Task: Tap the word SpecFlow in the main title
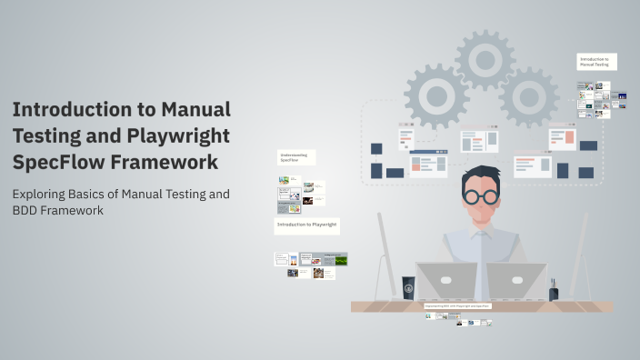tap(57, 163)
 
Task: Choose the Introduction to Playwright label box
tap(306, 224)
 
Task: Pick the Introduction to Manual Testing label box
tap(596, 62)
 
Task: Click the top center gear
tap(485, 60)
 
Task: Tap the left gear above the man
tap(435, 95)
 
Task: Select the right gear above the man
tap(528, 96)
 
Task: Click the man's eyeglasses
tap(479, 195)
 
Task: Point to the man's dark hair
tap(479, 175)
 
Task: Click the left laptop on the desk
tap(446, 281)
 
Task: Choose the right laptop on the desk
tap(515, 281)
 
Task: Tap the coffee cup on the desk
tap(408, 288)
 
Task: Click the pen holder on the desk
tap(554, 293)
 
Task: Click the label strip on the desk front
tap(456, 306)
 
